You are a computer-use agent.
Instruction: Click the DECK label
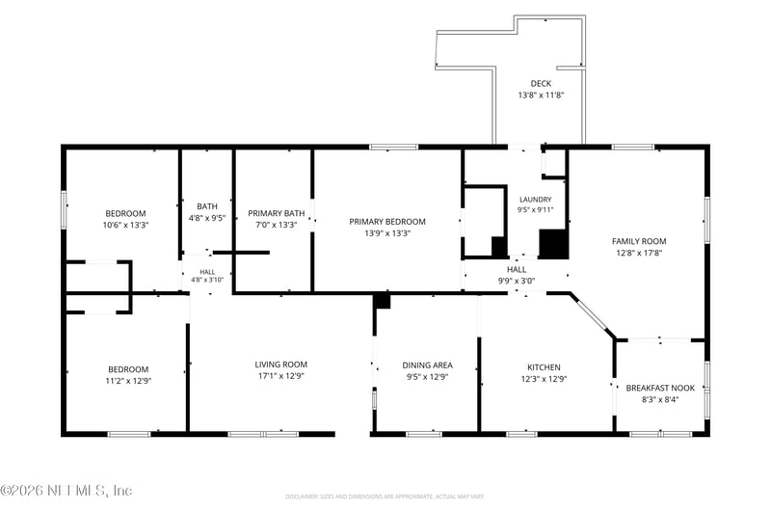(541, 84)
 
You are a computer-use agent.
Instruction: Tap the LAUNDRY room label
(536, 200)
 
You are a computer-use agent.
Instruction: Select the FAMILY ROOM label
(639, 241)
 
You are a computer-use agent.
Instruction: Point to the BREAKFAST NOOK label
(660, 388)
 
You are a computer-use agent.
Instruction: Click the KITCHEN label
(544, 366)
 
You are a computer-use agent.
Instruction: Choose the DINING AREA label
(427, 365)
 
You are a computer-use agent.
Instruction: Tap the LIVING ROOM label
(280, 364)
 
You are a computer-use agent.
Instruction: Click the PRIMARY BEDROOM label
(387, 222)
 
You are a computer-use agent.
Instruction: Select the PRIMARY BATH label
(277, 213)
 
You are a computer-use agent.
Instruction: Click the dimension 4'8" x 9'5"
(207, 218)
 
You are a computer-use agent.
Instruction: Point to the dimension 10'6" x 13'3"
(126, 225)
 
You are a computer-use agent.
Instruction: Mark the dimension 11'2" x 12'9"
(128, 381)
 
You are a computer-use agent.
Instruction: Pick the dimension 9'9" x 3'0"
(517, 281)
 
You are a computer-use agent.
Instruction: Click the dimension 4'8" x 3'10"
(207, 280)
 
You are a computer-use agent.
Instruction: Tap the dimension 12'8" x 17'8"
(639, 253)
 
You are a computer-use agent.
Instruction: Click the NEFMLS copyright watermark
(66, 491)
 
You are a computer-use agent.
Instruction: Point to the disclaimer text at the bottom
(385, 497)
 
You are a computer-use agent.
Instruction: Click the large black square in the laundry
(553, 243)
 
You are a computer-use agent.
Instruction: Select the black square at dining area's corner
(382, 301)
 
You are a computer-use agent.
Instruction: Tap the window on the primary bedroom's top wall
(393, 147)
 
